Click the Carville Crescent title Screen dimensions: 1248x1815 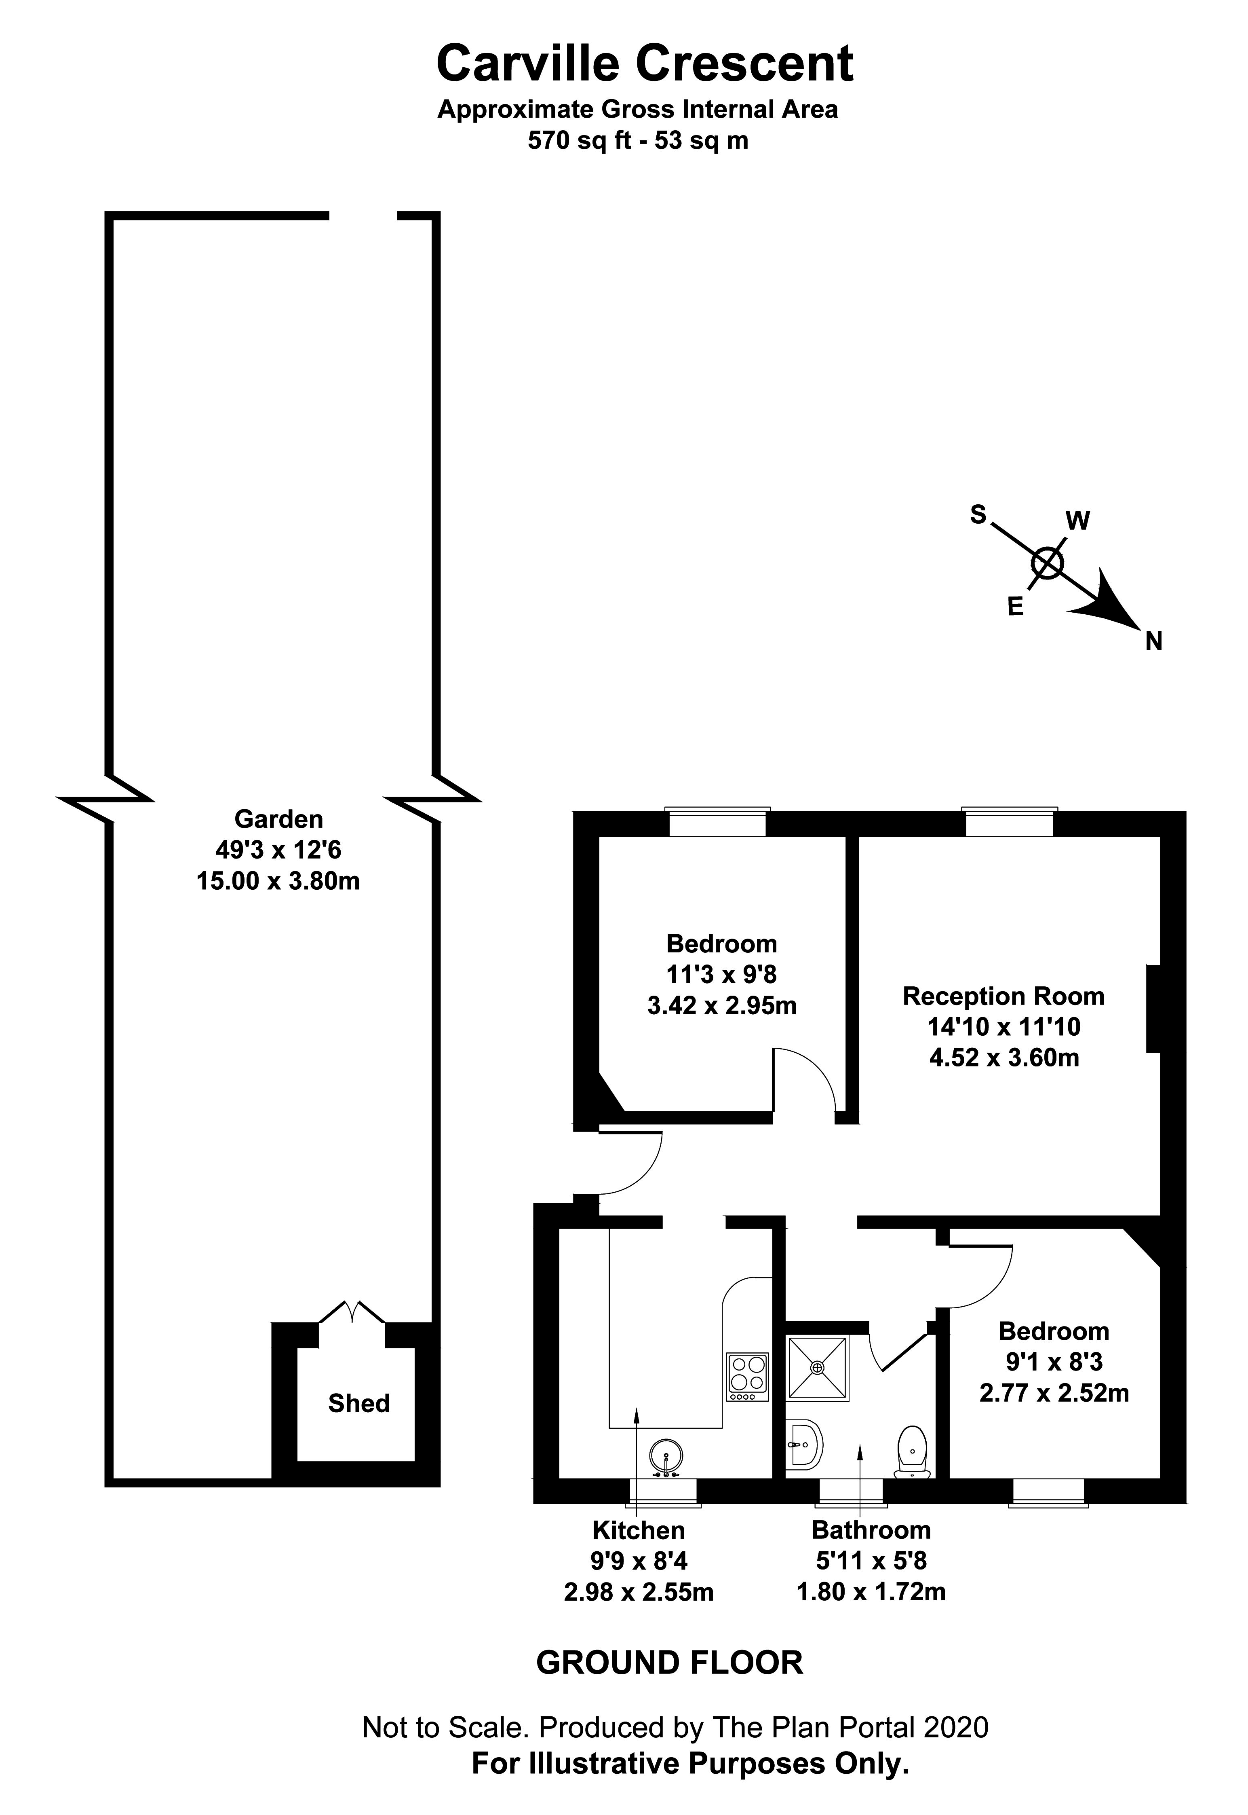(x=644, y=64)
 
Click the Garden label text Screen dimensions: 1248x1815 (x=278, y=819)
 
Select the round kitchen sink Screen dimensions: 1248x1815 (x=666, y=1457)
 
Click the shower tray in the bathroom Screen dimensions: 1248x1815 (x=817, y=1367)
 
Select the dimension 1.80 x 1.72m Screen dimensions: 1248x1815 (x=871, y=1591)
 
